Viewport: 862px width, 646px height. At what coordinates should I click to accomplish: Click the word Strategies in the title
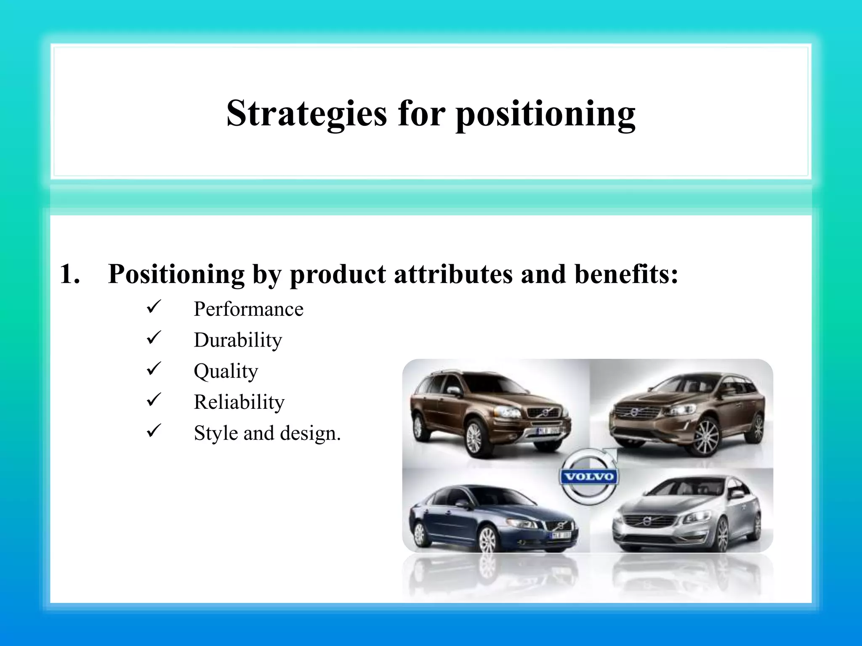(306, 114)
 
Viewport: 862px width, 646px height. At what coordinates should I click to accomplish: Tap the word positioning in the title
(545, 114)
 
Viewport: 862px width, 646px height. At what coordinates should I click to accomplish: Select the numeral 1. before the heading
(70, 274)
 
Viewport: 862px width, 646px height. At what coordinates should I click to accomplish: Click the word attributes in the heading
(453, 274)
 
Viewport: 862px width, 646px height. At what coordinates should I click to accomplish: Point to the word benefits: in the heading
(626, 274)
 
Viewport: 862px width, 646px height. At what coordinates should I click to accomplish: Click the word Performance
(248, 310)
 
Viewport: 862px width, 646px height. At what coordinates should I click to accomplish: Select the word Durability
(238, 340)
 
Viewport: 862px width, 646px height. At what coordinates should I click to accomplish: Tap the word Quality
(226, 371)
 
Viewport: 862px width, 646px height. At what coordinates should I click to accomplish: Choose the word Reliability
(239, 402)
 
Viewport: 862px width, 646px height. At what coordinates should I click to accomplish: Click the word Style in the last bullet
(215, 434)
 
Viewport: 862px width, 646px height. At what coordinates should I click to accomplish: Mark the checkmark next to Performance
(154, 307)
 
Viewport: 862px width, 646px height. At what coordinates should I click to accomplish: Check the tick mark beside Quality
(154, 368)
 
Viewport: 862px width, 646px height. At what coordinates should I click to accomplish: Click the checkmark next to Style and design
(154, 430)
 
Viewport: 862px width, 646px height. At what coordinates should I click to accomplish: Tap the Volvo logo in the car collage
(589, 477)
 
